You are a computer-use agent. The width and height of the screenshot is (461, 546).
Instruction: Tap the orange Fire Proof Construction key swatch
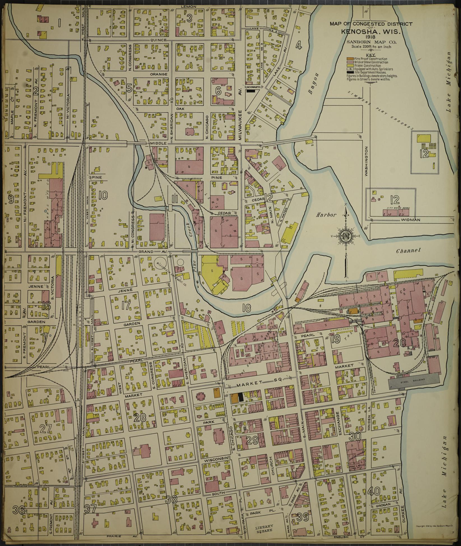coord(350,59)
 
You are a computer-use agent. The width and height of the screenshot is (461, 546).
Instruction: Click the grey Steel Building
coord(413,380)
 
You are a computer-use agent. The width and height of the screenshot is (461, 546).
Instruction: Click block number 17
coord(126,306)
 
